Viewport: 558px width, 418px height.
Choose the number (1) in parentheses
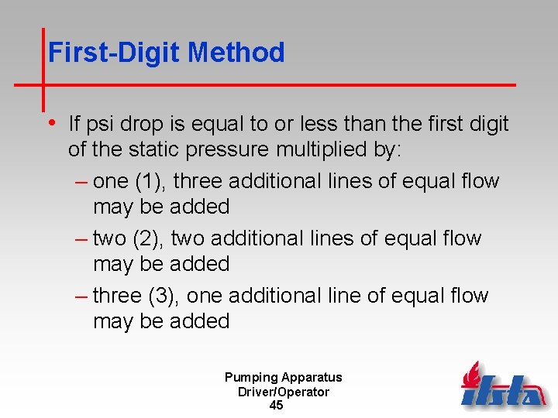pos(147,181)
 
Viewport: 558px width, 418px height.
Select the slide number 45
pos(276,406)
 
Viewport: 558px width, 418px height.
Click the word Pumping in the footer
pos(250,378)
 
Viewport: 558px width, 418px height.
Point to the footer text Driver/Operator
pos(283,392)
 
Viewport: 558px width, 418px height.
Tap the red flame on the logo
pos(470,374)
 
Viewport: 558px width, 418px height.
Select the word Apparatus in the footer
pos(312,378)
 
